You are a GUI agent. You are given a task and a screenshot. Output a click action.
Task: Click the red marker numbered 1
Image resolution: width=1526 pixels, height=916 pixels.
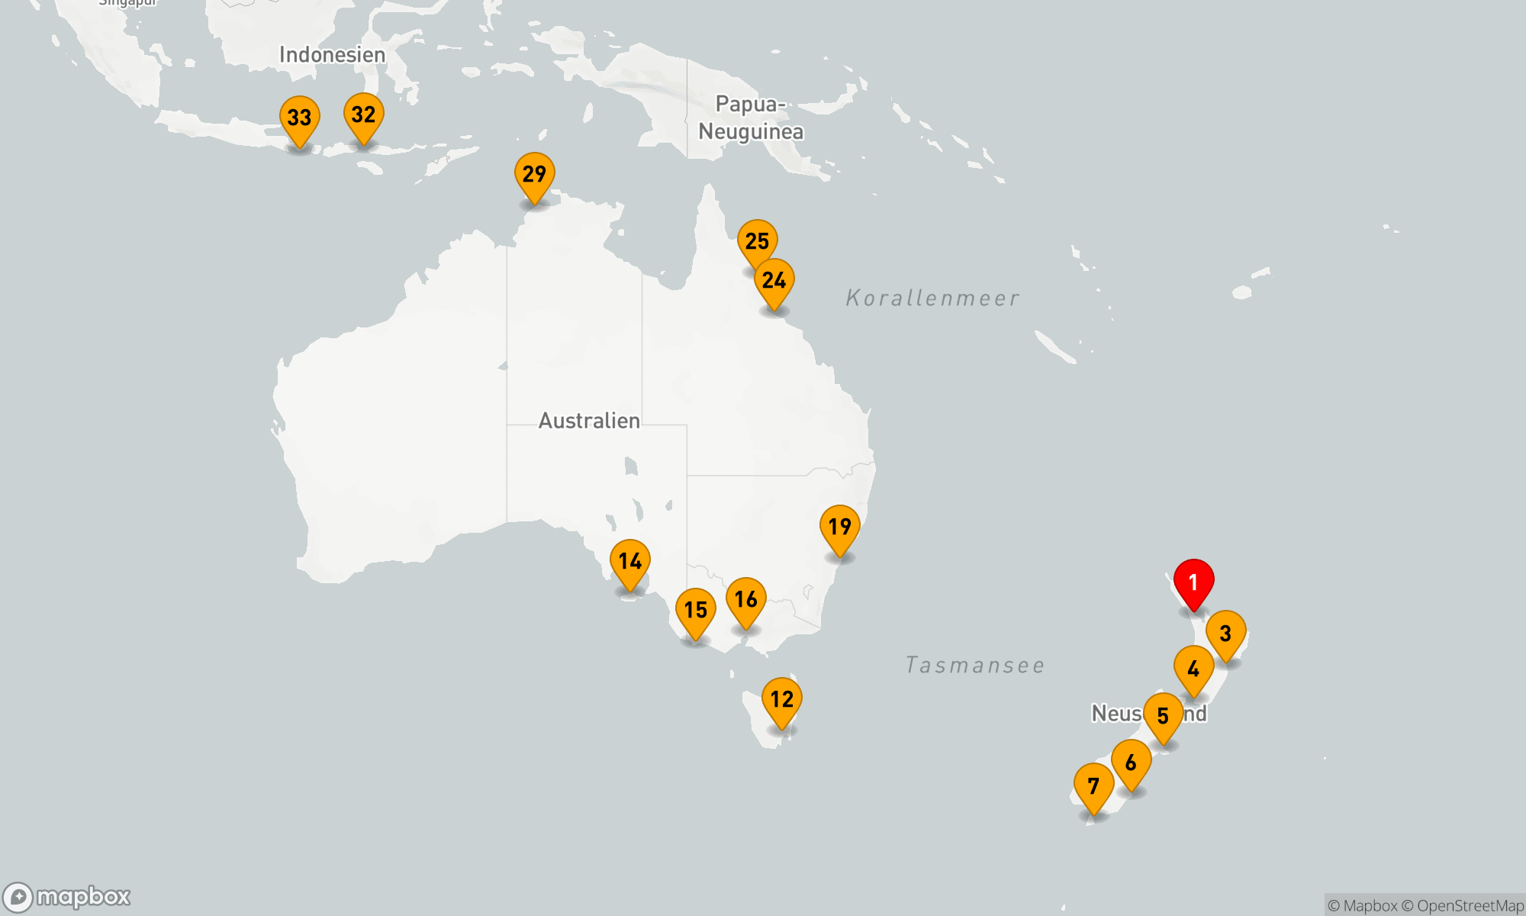click(x=1193, y=583)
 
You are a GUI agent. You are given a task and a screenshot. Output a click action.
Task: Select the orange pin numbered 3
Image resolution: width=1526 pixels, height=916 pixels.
click(x=1225, y=634)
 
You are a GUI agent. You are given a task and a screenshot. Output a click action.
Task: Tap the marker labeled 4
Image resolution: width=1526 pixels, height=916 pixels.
click(x=1193, y=669)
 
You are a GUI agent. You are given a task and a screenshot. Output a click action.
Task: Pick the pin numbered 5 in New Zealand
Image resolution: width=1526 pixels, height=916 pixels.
click(x=1163, y=716)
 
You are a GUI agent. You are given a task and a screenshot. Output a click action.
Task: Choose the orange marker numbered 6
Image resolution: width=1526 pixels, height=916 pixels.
click(x=1131, y=763)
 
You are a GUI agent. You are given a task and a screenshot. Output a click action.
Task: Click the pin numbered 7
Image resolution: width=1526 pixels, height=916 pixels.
click(x=1093, y=786)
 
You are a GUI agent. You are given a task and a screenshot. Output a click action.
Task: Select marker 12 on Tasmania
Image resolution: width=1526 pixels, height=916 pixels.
click(x=781, y=699)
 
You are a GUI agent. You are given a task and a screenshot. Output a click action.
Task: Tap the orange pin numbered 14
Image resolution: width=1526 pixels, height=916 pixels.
click(x=629, y=562)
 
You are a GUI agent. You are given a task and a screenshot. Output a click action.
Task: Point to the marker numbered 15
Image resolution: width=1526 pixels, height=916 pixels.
click(x=695, y=610)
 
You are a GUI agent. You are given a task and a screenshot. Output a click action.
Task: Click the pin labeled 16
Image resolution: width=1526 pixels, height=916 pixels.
click(x=745, y=599)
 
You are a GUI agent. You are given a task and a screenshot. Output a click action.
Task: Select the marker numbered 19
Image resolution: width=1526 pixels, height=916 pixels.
click(x=839, y=527)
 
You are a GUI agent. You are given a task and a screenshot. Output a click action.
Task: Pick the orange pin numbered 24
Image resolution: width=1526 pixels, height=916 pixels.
click(x=774, y=281)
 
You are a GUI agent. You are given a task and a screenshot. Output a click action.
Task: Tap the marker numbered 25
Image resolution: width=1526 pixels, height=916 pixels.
click(x=757, y=241)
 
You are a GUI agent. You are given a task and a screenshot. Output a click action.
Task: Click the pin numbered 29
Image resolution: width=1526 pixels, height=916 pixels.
click(x=534, y=174)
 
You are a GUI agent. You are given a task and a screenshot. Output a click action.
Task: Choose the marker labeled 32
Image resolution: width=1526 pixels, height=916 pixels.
click(x=363, y=115)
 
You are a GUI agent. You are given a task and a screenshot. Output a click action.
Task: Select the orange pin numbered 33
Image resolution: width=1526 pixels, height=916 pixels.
click(x=299, y=118)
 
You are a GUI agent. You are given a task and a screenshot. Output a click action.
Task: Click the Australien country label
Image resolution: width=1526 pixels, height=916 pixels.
click(x=589, y=421)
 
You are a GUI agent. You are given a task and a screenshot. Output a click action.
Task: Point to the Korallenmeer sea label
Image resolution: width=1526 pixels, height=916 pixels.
click(x=932, y=298)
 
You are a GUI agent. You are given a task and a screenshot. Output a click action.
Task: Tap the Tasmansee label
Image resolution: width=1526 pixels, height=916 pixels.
click(x=974, y=665)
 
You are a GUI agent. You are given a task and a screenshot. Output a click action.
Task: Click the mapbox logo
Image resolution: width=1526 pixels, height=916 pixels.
click(x=67, y=896)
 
